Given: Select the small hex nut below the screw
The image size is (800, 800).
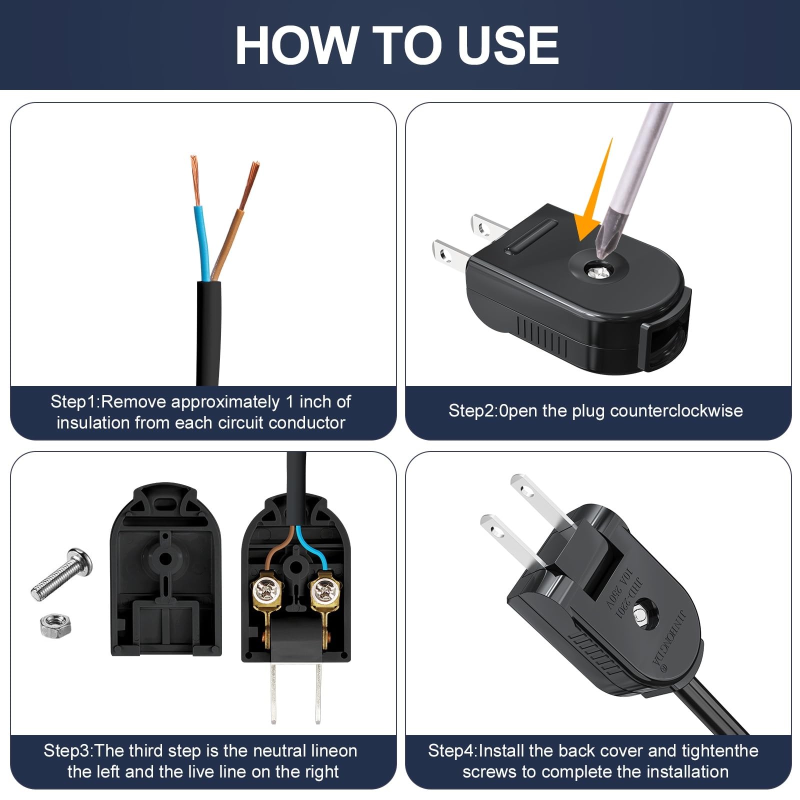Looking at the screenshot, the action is (x=55, y=626).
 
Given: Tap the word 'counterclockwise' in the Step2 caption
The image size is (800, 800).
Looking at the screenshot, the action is (x=676, y=411).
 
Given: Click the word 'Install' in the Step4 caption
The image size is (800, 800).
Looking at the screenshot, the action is (x=501, y=751).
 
